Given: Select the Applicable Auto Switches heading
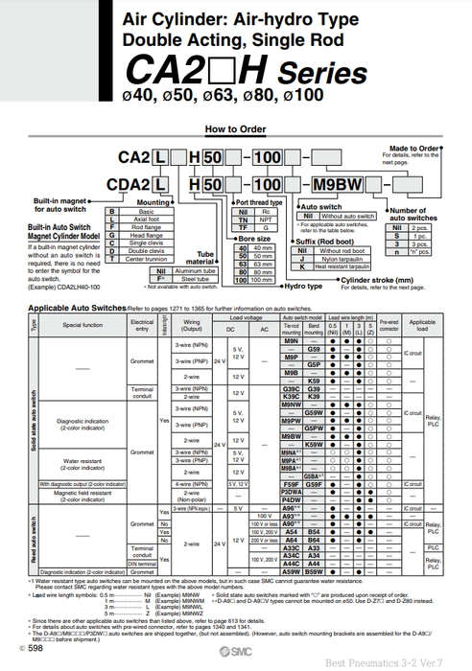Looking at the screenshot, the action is click(x=90, y=308).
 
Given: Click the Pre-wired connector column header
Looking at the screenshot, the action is click(x=389, y=326).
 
